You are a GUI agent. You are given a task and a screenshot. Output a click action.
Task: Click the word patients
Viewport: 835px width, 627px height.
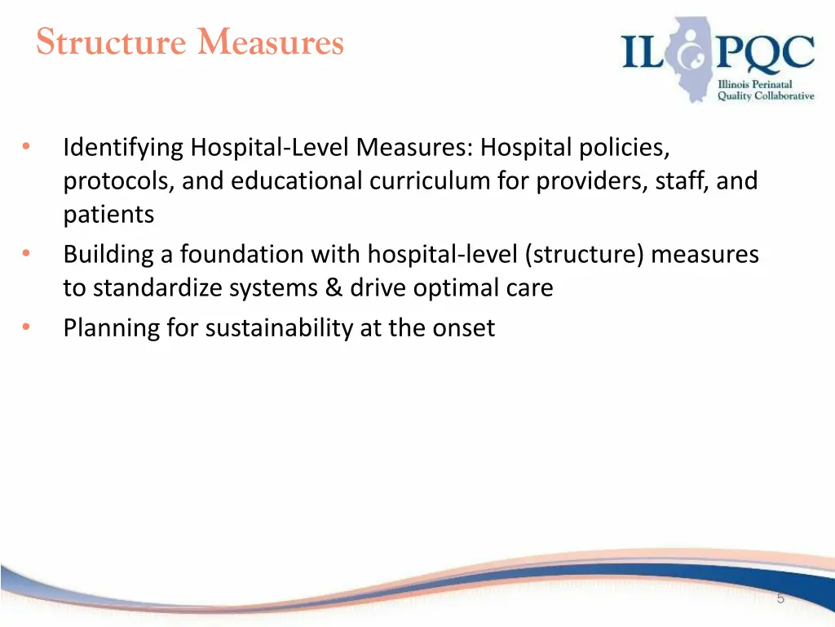[109, 215]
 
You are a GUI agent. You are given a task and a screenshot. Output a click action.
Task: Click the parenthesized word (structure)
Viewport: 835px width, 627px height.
[586, 255]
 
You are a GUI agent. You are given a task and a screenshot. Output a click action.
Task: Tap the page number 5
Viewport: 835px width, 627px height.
[780, 599]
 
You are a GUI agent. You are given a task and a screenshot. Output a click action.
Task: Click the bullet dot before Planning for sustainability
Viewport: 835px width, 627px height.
[27, 327]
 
